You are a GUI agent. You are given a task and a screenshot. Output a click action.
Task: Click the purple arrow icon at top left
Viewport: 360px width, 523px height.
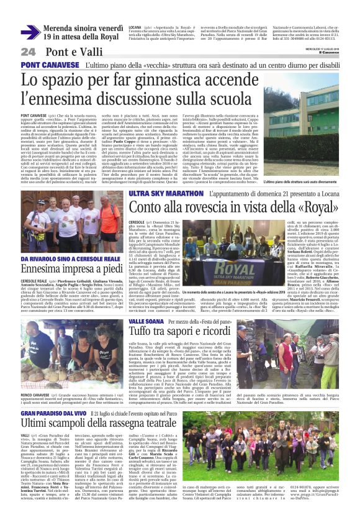pos(30,32)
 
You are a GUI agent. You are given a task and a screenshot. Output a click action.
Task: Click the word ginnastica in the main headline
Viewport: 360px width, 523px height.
pos(165,80)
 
